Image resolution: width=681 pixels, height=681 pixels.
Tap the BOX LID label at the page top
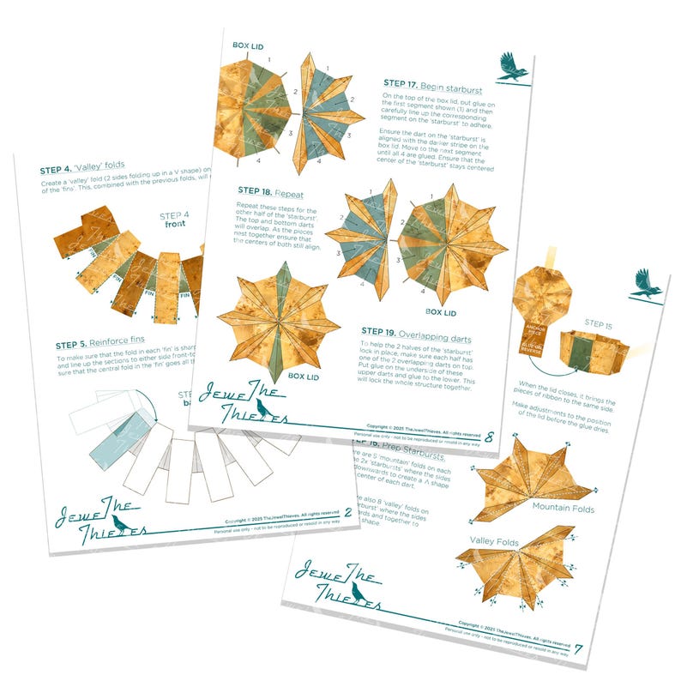(252, 45)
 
